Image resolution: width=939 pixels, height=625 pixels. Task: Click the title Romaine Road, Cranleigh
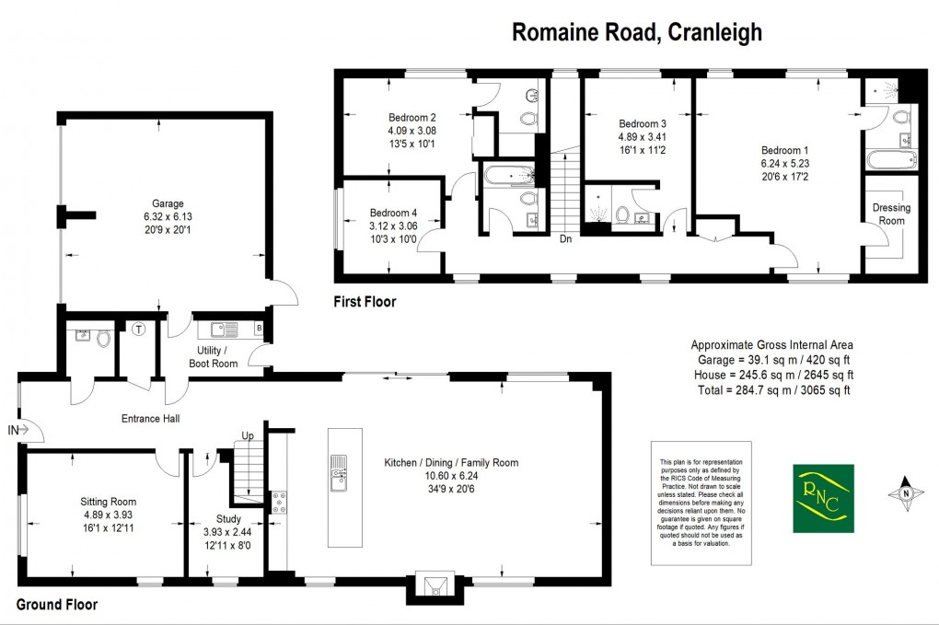click(x=636, y=32)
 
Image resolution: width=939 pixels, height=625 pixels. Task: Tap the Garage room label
click(x=168, y=203)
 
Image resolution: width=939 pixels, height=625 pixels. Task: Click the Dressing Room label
click(x=890, y=214)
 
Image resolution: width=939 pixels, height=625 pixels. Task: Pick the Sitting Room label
click(x=108, y=502)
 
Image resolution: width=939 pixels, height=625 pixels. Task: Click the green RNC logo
click(x=823, y=498)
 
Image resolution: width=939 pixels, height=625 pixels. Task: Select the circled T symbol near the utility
click(x=139, y=329)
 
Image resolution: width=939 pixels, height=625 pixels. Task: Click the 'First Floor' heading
click(x=365, y=301)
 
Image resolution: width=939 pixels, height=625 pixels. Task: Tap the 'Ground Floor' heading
click(x=57, y=605)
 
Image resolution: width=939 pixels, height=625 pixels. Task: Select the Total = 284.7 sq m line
click(x=771, y=389)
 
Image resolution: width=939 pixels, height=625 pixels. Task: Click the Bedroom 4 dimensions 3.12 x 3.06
click(x=393, y=226)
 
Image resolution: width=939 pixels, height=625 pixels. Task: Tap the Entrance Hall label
click(x=150, y=419)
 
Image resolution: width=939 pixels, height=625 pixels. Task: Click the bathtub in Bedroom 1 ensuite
click(x=889, y=161)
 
